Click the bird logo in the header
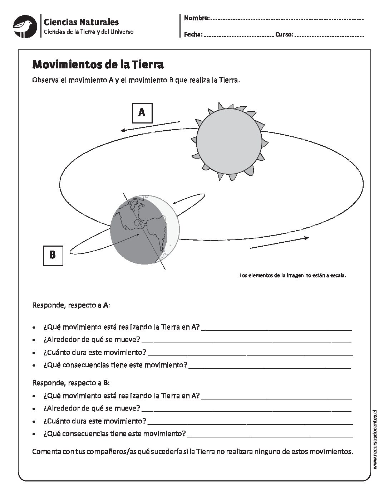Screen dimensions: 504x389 coord(25,26)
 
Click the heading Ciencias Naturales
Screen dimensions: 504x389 coord(81,22)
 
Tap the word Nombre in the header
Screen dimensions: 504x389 coord(196,18)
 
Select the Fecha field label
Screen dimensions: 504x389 coord(193,35)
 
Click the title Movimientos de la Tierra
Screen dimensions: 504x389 coord(98,64)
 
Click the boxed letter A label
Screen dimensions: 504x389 coord(142,113)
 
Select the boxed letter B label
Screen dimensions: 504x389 coord(53,255)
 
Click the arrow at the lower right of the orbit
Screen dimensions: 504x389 coord(279,242)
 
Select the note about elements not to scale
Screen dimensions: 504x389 coord(292,276)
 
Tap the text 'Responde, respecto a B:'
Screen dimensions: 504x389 coord(71,383)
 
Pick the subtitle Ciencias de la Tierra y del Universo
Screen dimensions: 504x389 coord(89,32)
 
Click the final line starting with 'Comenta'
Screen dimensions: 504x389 coord(192,451)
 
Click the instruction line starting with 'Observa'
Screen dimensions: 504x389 coord(136,80)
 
